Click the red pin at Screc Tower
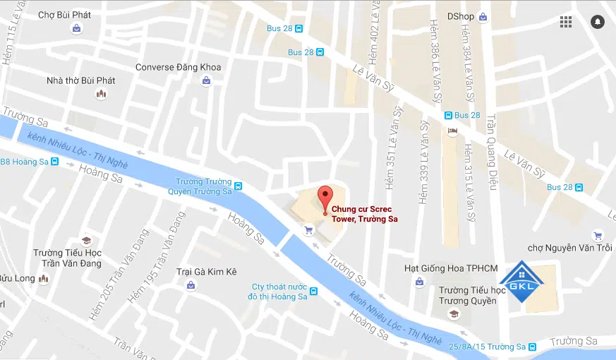325,196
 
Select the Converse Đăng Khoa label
178,68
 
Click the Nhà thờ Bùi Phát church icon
102,94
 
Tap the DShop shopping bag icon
483,16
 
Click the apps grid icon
566,21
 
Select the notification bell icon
598,21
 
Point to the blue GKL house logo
523,284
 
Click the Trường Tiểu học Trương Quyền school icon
454,313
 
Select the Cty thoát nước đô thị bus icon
313,292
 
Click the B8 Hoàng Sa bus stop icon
55,162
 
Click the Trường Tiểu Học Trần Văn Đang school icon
86,241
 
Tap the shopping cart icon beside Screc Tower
308,229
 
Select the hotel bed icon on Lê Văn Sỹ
452,131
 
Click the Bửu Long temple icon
44,279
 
